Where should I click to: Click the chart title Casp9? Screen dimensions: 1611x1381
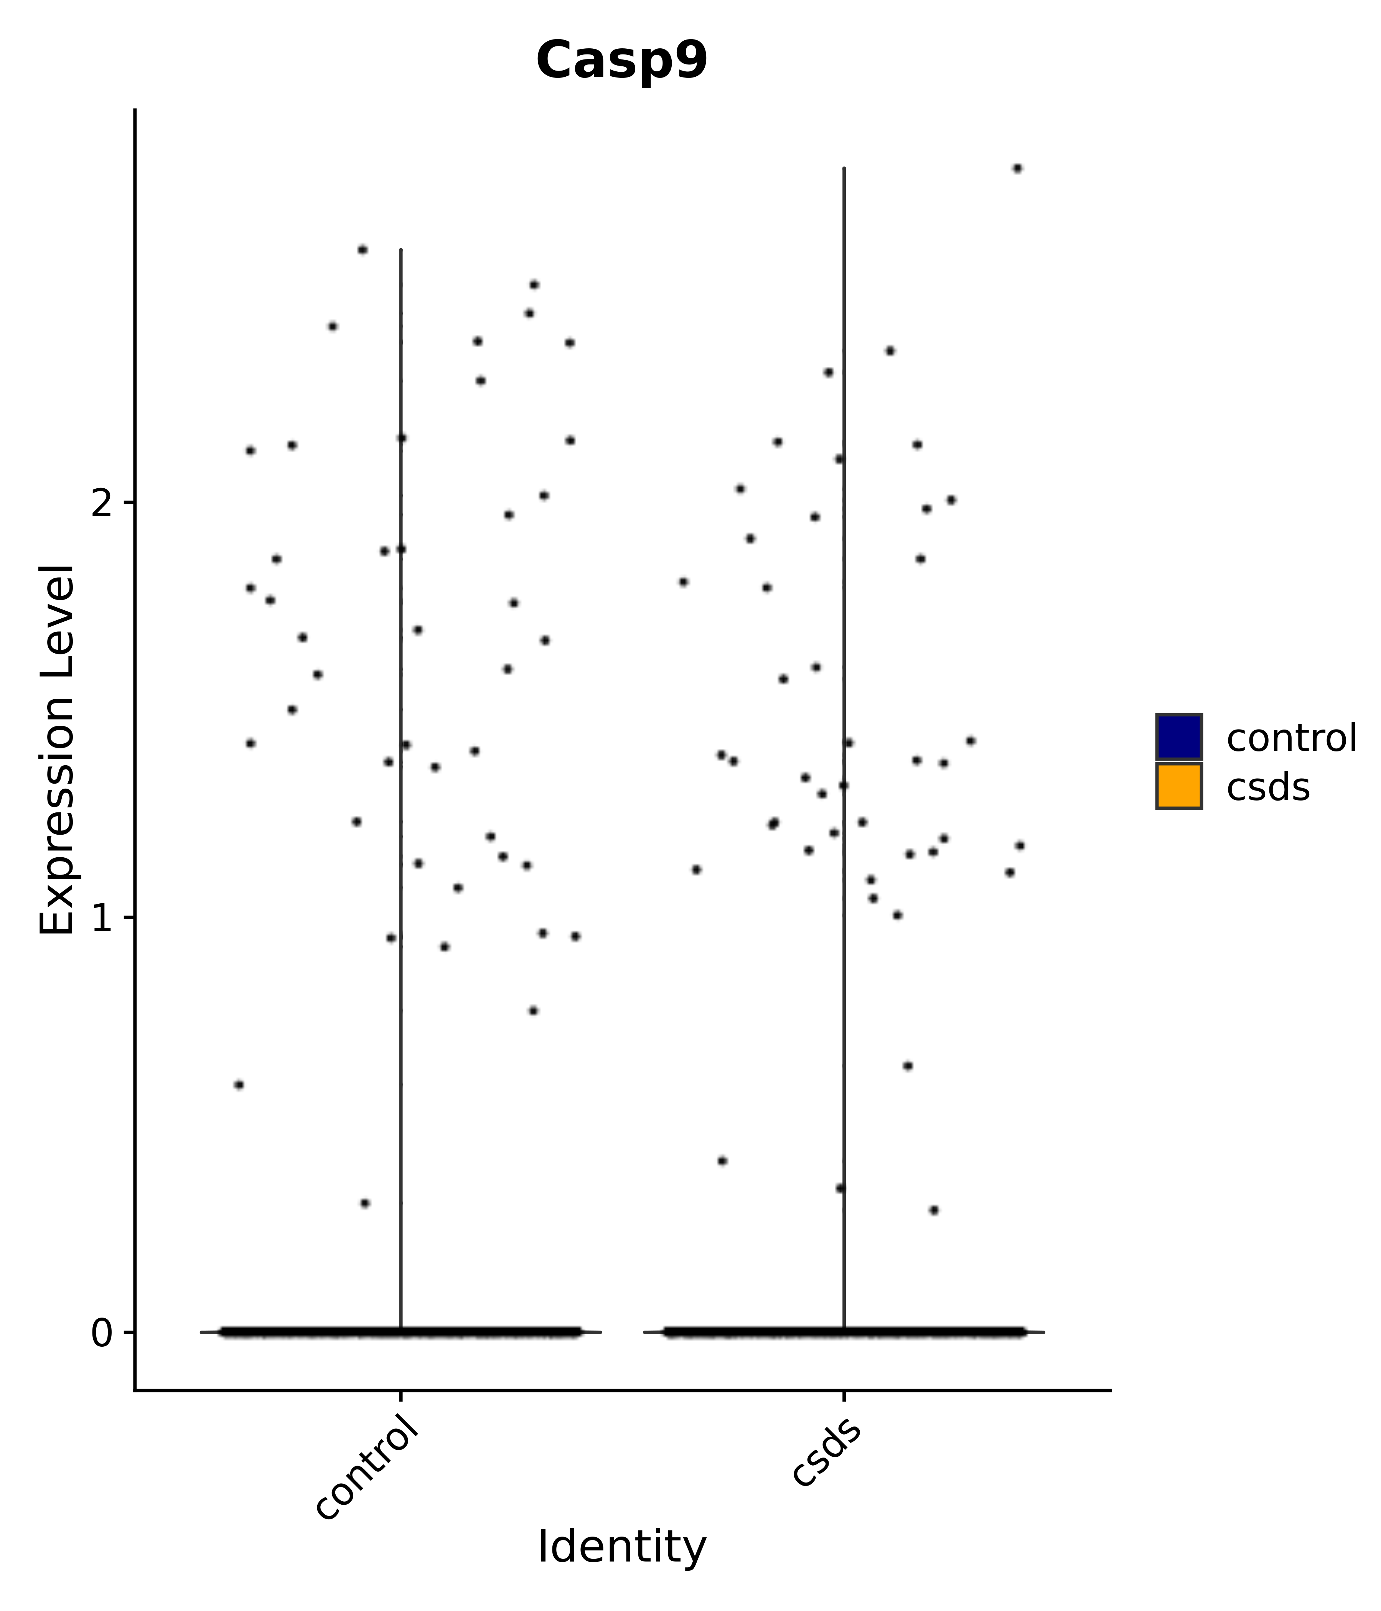[621, 61]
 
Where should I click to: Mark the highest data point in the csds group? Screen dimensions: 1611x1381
[1017, 168]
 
